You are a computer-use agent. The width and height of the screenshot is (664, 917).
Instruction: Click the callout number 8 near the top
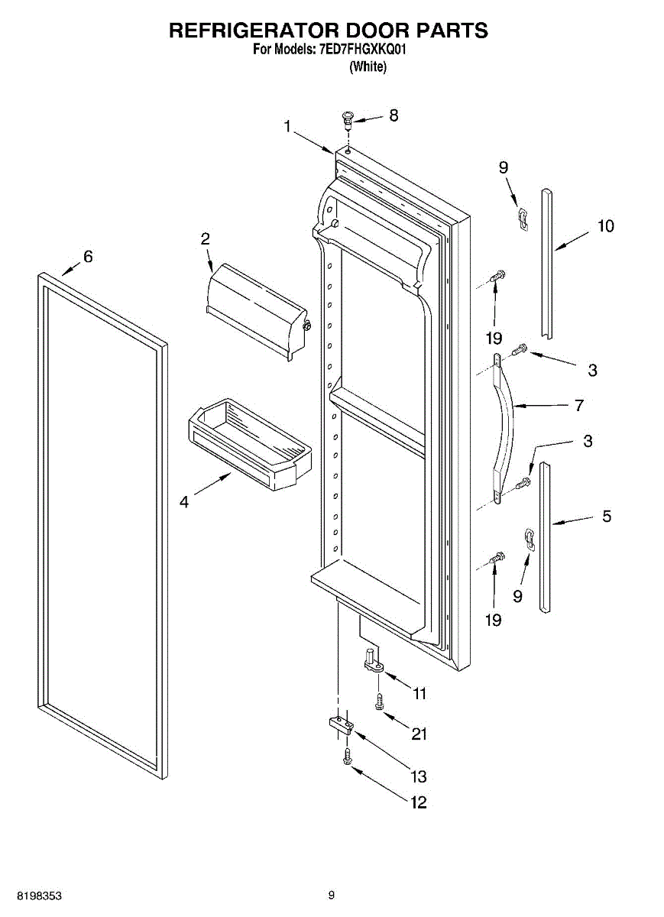(x=394, y=115)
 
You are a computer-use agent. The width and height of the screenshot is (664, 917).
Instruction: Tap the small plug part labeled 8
(x=348, y=118)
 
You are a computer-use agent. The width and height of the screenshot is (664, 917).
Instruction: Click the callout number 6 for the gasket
(x=88, y=257)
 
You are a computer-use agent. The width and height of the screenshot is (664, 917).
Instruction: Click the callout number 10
(x=605, y=226)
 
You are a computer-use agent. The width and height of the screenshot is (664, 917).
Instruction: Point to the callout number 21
(x=419, y=734)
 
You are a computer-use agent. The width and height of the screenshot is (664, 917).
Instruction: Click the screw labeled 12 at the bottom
(x=347, y=757)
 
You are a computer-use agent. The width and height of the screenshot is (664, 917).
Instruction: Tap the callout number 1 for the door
(x=287, y=126)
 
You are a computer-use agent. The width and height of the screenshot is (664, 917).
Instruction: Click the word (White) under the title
(x=368, y=67)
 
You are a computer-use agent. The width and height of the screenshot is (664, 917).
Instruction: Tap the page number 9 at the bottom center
(x=331, y=895)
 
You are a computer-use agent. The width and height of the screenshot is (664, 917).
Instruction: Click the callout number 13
(x=418, y=776)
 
